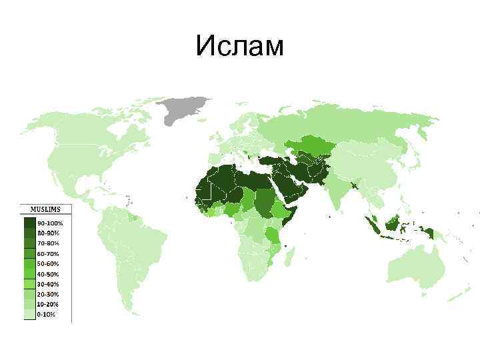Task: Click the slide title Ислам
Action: click(240, 46)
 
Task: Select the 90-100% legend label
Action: click(49, 223)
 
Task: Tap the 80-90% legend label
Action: click(49, 233)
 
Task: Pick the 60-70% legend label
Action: click(49, 253)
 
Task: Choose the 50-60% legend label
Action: click(49, 264)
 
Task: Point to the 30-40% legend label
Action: click(49, 284)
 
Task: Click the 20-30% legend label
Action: click(49, 294)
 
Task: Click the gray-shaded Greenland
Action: click(184, 108)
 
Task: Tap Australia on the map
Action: click(416, 267)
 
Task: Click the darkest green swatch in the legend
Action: click(30, 223)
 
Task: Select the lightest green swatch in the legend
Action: click(30, 315)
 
